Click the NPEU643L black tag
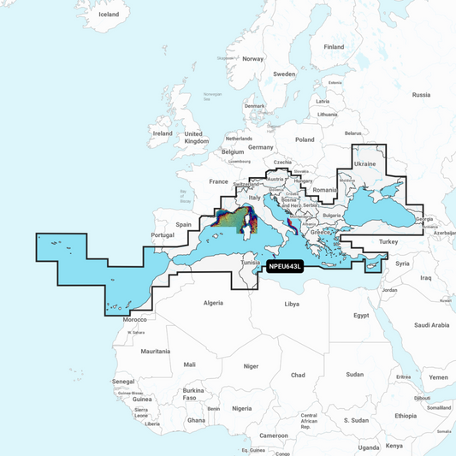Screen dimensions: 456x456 286,265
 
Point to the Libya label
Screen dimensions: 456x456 293,304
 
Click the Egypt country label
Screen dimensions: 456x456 361,316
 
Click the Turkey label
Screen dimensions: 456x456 389,242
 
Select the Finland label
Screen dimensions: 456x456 334,47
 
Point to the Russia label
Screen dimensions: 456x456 422,95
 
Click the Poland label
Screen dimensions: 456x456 305,139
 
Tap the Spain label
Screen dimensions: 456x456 183,224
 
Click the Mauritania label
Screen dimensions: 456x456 156,352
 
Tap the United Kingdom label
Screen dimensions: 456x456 195,137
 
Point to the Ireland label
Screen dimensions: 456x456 162,133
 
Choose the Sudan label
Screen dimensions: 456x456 354,374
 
